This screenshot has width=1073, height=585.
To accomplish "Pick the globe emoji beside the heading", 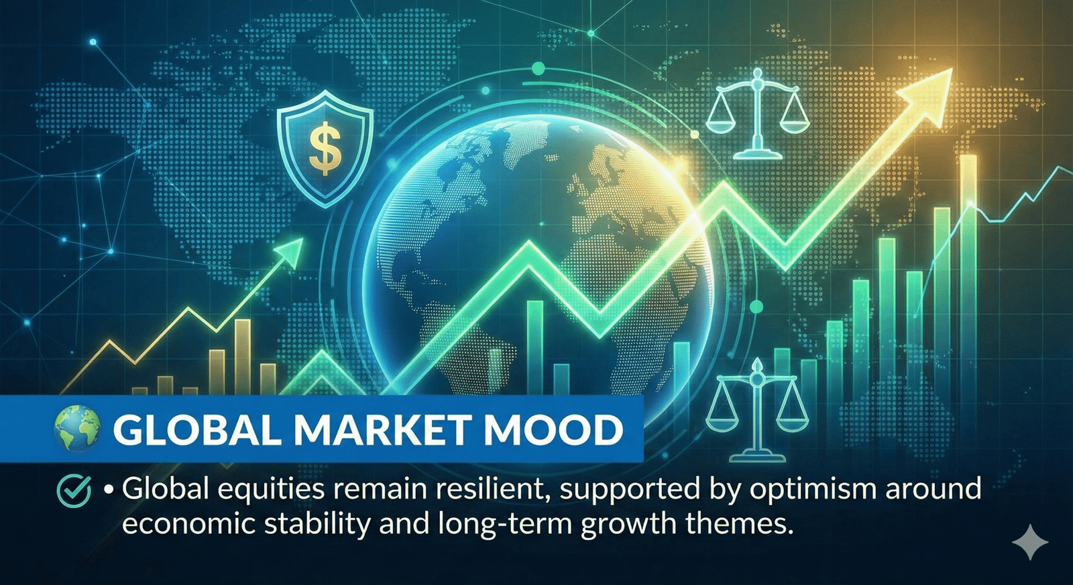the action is [x=78, y=429].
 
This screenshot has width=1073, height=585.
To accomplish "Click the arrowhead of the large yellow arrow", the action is [x=925, y=88].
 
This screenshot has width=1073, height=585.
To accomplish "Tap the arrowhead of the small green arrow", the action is [x=289, y=251].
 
